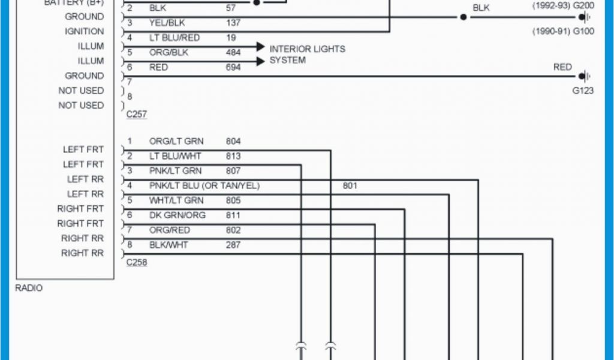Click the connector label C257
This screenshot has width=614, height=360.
click(x=136, y=113)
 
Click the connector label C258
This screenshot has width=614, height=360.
click(x=136, y=263)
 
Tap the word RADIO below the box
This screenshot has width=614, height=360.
click(x=29, y=288)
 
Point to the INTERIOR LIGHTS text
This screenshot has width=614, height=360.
click(x=307, y=49)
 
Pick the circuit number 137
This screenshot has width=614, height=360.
click(x=233, y=23)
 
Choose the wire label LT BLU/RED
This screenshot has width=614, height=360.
click(x=174, y=38)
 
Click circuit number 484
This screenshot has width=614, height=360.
click(x=233, y=53)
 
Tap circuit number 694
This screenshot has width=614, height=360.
click(x=233, y=68)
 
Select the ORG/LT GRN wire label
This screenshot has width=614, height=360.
click(x=176, y=142)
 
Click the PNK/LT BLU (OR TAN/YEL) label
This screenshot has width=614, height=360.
click(x=204, y=186)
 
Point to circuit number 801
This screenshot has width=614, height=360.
click(x=350, y=186)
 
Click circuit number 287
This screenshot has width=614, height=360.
click(x=233, y=245)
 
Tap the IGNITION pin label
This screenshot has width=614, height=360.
click(x=84, y=31)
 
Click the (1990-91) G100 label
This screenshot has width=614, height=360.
click(x=563, y=31)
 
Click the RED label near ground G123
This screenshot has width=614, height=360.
click(x=562, y=67)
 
